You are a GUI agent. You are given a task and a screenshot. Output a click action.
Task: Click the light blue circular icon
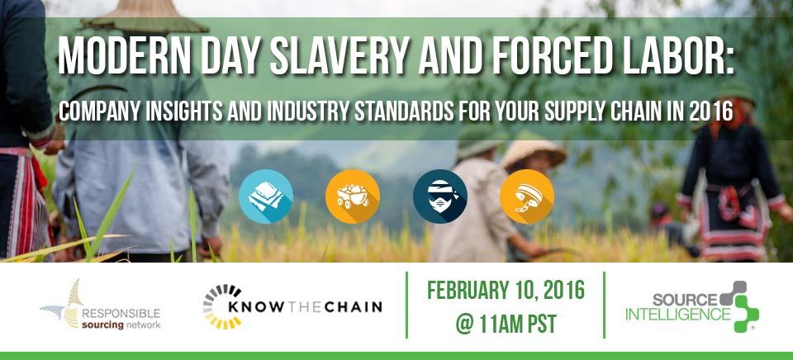(x=266, y=197)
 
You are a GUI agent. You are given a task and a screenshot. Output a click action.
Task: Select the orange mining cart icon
(x=353, y=197)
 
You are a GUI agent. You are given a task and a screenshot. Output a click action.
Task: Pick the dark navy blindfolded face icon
(x=440, y=197)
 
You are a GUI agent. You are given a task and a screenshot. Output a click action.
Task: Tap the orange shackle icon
(x=527, y=197)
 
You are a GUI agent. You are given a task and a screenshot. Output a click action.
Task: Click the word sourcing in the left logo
(x=103, y=325)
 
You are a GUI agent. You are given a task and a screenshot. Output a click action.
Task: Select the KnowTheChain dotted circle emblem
(x=222, y=306)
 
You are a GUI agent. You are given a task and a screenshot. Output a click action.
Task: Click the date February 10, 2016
(x=506, y=291)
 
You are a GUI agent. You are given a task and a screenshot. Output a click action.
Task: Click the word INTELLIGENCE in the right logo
(x=677, y=314)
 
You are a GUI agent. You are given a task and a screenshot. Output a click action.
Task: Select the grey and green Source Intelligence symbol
(x=739, y=306)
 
